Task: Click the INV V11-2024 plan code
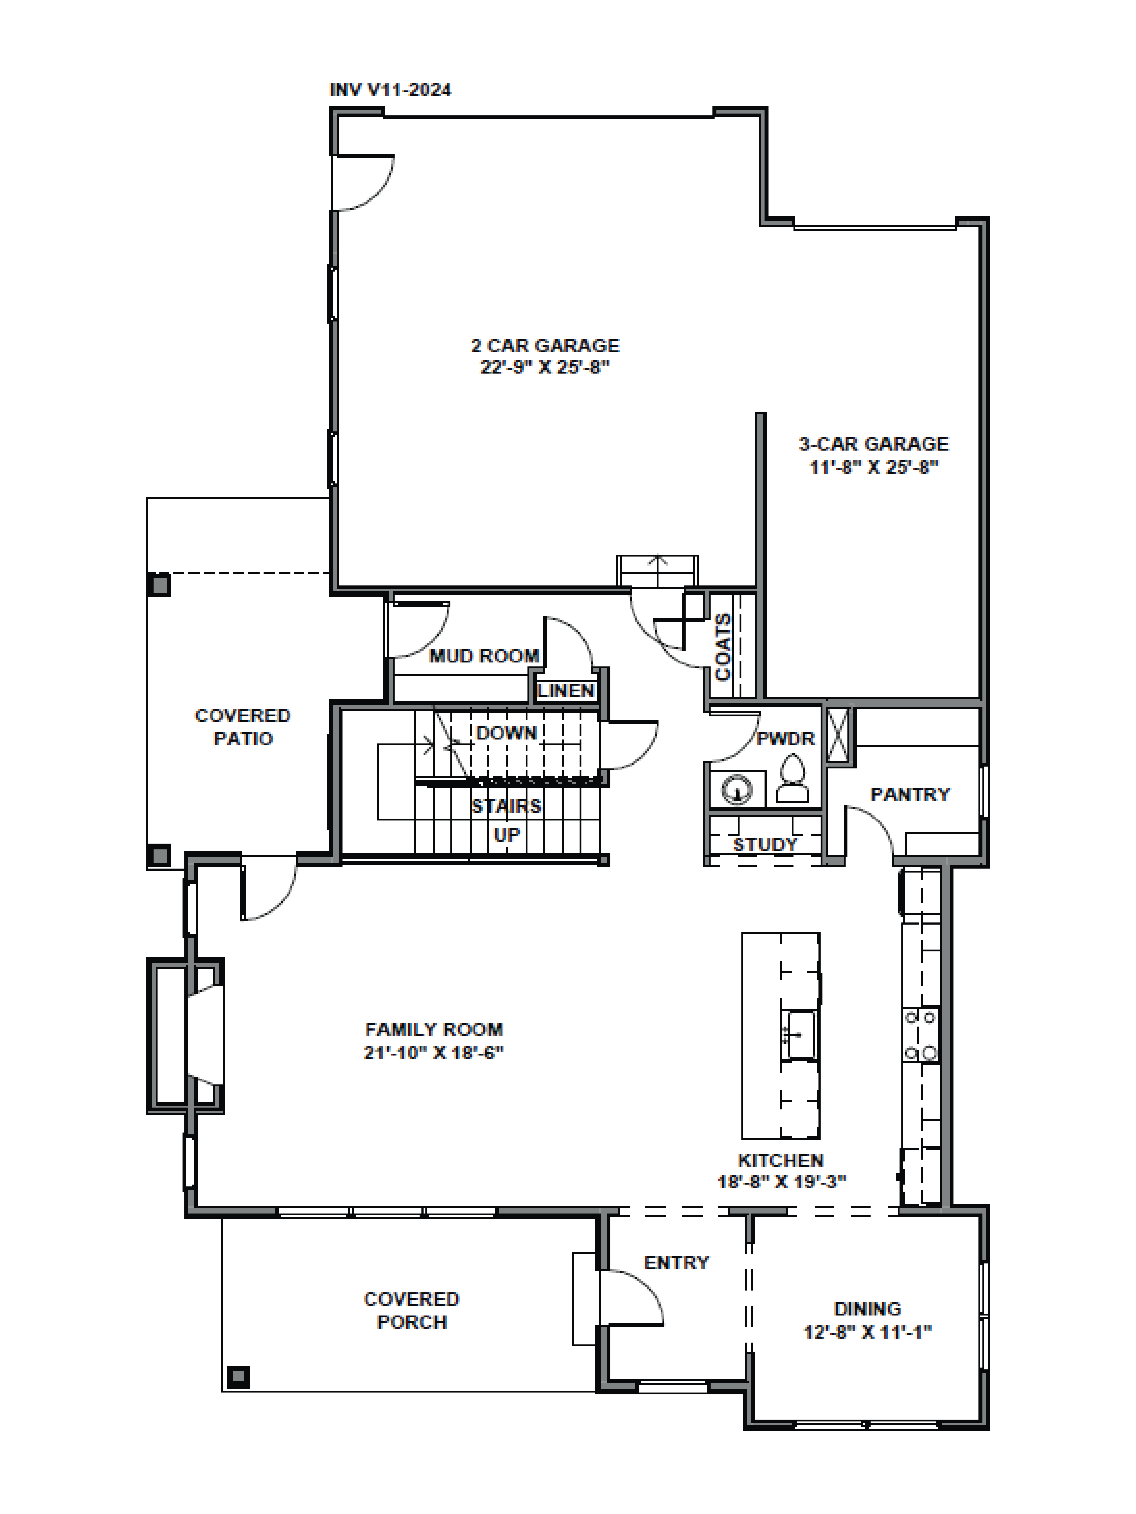[390, 90]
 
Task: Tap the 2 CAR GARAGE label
[545, 346]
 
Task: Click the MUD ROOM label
[484, 656]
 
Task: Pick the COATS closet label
[722, 647]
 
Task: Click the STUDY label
[765, 845]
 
